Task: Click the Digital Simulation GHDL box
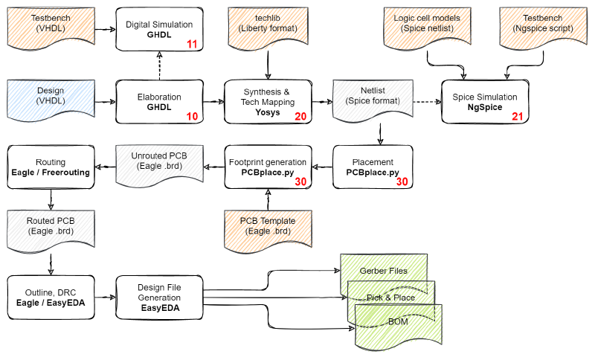tap(159, 29)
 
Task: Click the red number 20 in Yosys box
tap(300, 117)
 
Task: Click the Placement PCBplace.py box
tap(373, 167)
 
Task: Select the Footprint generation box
tap(266, 167)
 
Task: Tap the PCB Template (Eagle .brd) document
tap(268, 226)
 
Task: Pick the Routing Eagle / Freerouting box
tap(51, 167)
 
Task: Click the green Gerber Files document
tap(384, 271)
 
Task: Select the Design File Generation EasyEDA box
tap(159, 297)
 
